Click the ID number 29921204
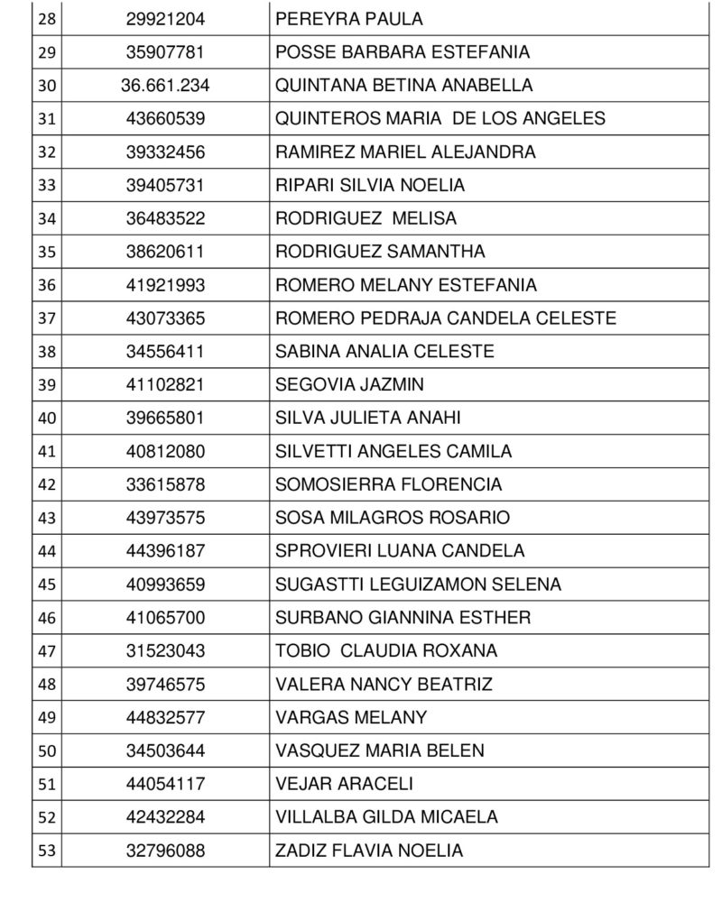(165, 19)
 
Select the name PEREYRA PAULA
(336, 19)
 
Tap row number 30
(47, 86)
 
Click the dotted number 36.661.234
(165, 86)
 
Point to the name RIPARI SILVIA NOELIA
(370, 186)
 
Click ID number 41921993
(165, 285)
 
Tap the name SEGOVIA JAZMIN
(349, 385)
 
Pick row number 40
(47, 419)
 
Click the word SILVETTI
(311, 452)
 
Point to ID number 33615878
(165, 485)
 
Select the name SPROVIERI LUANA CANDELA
(400, 551)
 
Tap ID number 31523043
(165, 651)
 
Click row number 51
(47, 785)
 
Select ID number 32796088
(165, 851)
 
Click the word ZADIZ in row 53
(299, 851)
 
